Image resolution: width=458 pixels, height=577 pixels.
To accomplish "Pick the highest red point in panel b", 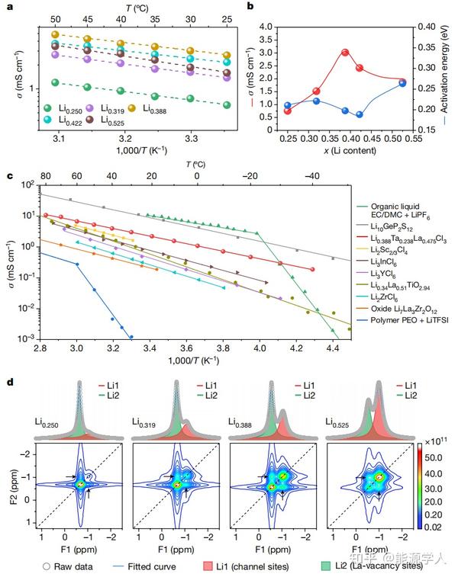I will pos(345,53).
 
